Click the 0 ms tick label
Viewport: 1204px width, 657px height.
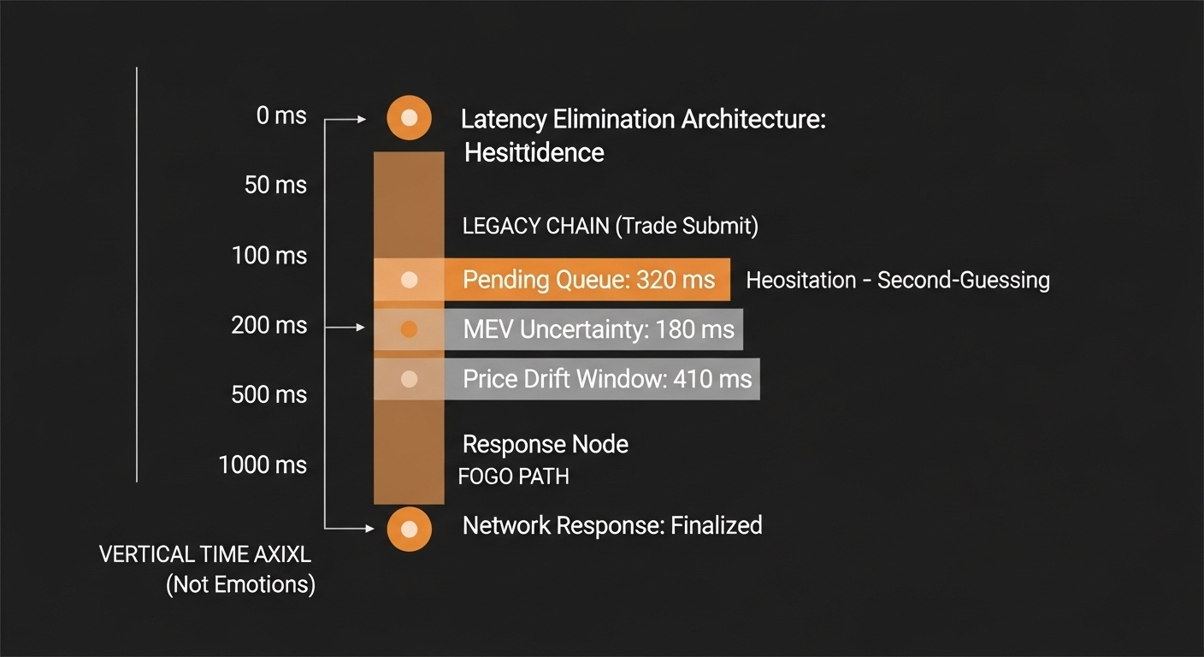pos(280,115)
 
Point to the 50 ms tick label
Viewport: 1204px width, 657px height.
pos(275,185)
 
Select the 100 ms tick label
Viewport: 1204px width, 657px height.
pos(269,255)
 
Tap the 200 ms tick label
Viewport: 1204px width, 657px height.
pos(269,325)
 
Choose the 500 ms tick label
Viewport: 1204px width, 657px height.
pos(269,394)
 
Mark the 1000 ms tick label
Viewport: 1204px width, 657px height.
pos(262,465)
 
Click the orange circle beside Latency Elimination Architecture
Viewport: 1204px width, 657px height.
pos(409,118)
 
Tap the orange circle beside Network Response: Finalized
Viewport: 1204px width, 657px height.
pos(409,529)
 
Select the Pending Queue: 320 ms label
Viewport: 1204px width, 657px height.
pos(588,280)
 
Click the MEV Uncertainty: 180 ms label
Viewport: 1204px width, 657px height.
pos(599,329)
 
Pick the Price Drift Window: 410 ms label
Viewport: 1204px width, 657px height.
pos(607,379)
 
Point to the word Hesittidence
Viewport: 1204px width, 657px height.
pos(534,153)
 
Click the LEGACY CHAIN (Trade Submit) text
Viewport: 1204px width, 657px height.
pos(610,226)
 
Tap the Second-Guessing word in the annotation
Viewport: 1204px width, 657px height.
pos(964,281)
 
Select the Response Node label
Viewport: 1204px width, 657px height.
pos(545,444)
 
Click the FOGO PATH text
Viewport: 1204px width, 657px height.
pos(513,476)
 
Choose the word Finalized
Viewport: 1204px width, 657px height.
pos(716,524)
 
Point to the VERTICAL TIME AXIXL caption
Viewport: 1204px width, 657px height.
pos(205,554)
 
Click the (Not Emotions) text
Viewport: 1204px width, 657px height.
pos(240,585)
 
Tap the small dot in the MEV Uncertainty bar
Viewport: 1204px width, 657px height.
pos(409,329)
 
